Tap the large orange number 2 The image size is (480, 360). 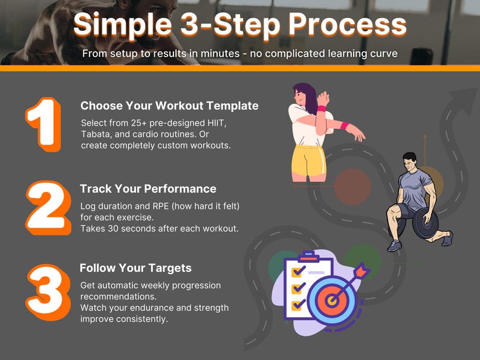point(48,208)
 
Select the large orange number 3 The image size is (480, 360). point(48,292)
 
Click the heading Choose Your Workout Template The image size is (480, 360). point(169,106)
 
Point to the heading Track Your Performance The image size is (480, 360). point(148,188)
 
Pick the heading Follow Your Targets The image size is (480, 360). point(135,268)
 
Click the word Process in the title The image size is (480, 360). point(348,25)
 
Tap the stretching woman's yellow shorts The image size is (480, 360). point(308,161)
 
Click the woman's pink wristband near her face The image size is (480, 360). point(322,108)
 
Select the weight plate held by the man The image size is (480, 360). point(425,223)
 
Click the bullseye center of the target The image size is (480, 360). point(331,300)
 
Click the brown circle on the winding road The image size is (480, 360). point(352,187)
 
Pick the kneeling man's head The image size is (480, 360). point(410,162)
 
